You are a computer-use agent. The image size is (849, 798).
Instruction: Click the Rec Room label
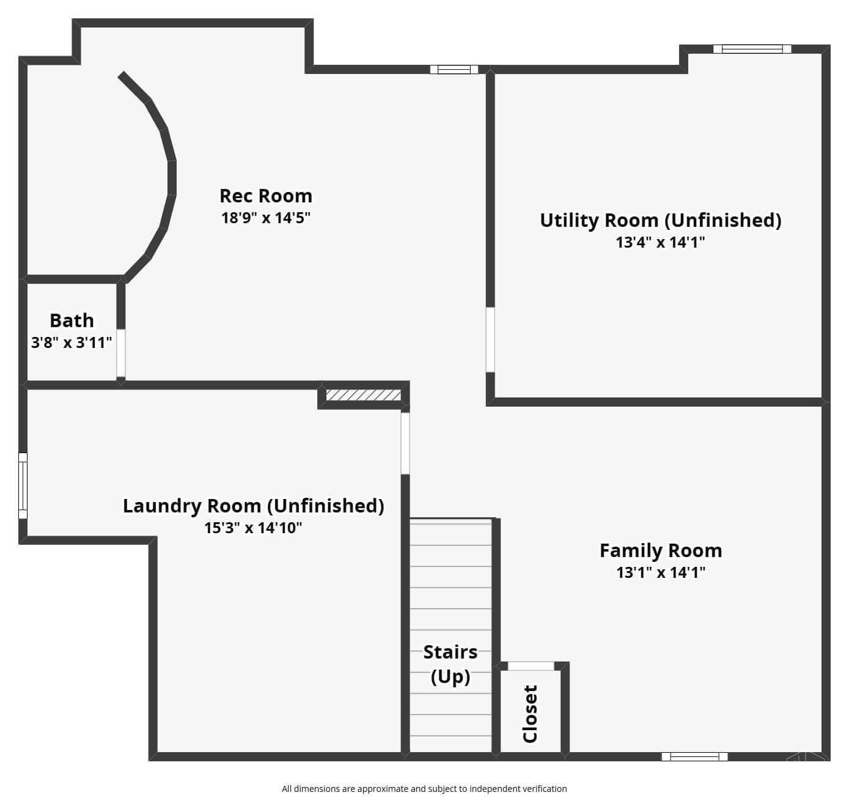[x=266, y=196]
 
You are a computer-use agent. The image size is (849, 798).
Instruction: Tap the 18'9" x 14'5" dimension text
[x=265, y=218]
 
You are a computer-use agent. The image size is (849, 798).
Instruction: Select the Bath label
[x=72, y=320]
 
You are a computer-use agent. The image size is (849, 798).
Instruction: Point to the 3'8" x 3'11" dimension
[x=72, y=342]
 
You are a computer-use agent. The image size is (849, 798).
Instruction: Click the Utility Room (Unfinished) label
[x=661, y=221]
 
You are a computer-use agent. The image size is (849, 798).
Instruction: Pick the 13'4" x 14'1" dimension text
[x=660, y=243]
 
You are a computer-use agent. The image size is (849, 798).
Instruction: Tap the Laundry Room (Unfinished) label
[x=254, y=506]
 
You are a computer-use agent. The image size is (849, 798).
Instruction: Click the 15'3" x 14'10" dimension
[x=253, y=528]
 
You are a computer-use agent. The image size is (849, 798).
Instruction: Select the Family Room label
[x=661, y=551]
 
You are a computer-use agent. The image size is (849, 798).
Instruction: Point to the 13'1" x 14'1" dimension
[x=661, y=572]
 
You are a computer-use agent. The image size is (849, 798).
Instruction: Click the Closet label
[x=530, y=713]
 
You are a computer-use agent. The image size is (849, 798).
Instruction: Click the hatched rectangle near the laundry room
[x=363, y=394]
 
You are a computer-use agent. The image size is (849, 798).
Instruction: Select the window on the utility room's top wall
[x=752, y=49]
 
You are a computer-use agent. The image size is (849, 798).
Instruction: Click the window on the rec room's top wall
[x=454, y=69]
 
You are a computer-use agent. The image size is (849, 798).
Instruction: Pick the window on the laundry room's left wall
[x=23, y=486]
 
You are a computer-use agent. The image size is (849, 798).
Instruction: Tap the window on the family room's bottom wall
[x=695, y=756]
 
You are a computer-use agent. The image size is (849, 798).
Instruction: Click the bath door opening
[x=121, y=353]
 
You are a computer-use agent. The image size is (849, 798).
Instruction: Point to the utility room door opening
[x=490, y=340]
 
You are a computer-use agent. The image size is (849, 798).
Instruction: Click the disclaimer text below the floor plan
[x=424, y=789]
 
